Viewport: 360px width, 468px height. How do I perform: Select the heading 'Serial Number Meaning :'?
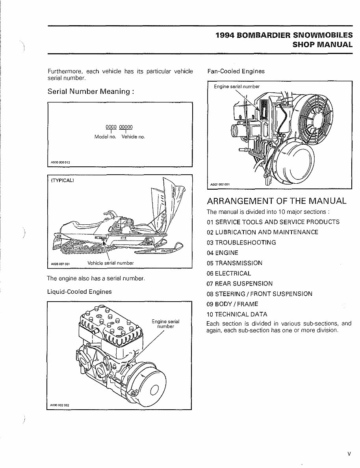point(91,91)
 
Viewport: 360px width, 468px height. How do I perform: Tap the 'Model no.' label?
point(105,137)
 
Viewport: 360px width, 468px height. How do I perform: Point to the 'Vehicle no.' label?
point(133,137)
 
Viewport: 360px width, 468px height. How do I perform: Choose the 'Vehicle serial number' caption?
point(110,263)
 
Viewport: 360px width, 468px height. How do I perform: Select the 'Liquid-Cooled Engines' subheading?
point(79,292)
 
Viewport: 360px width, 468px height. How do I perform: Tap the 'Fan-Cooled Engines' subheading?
point(236,71)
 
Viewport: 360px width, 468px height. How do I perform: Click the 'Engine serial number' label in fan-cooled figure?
point(237,87)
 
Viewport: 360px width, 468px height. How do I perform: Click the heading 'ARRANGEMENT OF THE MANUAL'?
point(276,201)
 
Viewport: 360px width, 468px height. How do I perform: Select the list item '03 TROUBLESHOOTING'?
point(241,242)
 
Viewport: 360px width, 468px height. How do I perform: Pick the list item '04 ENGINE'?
point(222,253)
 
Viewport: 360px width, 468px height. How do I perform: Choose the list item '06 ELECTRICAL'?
point(228,273)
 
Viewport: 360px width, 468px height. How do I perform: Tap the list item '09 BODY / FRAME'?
point(232,304)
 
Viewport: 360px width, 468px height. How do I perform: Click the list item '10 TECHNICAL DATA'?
point(237,314)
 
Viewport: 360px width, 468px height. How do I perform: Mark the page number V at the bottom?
point(349,454)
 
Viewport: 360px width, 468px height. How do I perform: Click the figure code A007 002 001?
point(220,184)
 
